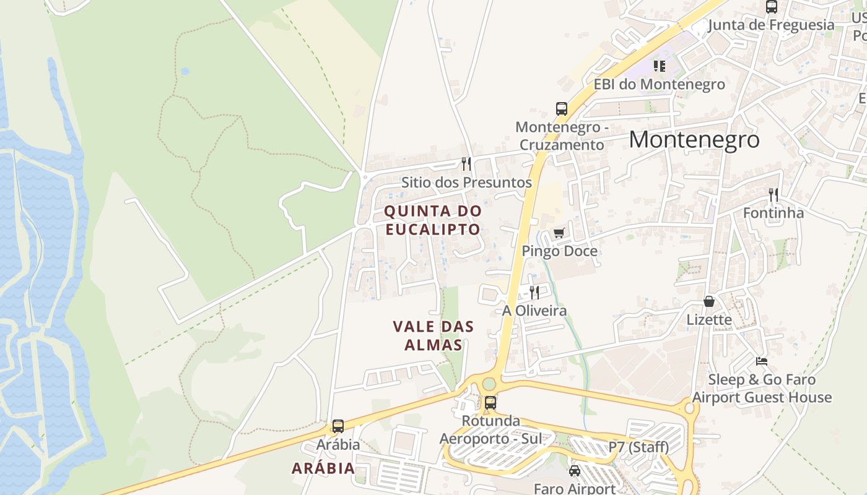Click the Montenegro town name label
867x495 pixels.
click(694, 140)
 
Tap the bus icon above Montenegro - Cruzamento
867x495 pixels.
click(562, 110)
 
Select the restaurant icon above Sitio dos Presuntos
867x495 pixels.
click(466, 164)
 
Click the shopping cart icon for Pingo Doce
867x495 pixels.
click(559, 233)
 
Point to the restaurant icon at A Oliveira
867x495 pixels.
click(534, 292)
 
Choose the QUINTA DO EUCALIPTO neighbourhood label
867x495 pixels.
click(432, 220)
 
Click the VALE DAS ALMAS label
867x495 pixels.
click(434, 335)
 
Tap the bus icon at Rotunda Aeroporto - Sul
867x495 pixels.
click(490, 403)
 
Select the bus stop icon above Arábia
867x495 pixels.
click(338, 426)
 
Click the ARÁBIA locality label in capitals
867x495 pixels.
click(323, 468)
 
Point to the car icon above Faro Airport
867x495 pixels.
click(575, 471)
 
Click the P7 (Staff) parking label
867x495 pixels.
click(638, 447)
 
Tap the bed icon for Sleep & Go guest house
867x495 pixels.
click(762, 361)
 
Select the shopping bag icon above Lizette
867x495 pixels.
click(709, 302)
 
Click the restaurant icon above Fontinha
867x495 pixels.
click(773, 195)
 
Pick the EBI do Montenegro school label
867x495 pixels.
click(660, 84)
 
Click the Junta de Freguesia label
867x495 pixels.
click(771, 25)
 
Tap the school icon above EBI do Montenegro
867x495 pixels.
click(660, 66)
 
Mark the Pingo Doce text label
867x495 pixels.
click(559, 251)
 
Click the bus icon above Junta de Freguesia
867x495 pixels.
click(772, 7)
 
